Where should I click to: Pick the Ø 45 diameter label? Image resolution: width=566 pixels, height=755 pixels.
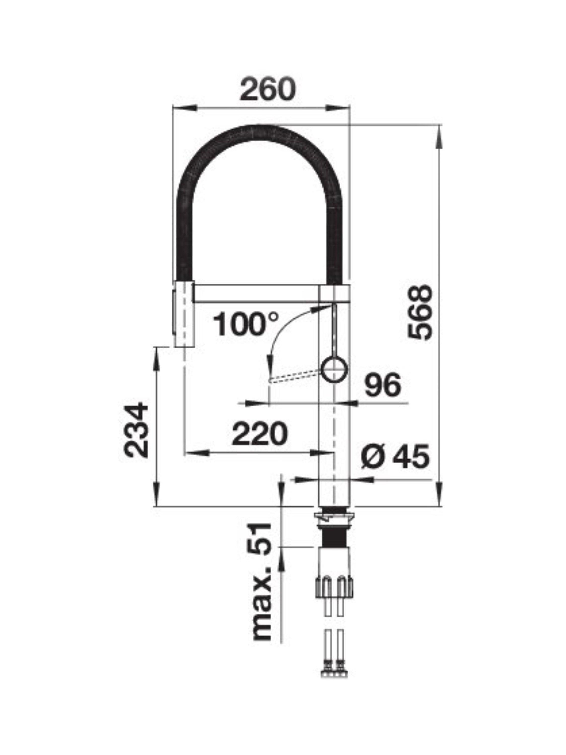tap(395, 457)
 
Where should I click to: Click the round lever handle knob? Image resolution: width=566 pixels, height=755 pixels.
tap(335, 369)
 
